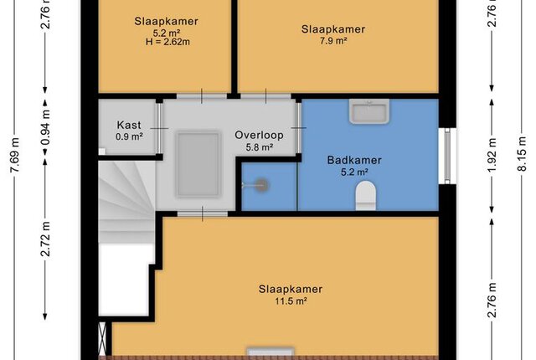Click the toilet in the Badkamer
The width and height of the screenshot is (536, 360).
tap(365, 195)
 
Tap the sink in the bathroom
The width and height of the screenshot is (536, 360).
tap(369, 111)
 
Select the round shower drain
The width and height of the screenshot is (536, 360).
tap(262, 186)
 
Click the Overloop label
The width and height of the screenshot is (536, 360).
tap(259, 136)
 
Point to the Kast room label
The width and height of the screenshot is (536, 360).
tap(129, 125)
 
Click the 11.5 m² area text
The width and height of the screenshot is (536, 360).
tap(291, 301)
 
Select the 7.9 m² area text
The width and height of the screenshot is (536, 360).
tap(333, 41)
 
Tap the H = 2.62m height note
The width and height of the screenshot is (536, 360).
tap(167, 42)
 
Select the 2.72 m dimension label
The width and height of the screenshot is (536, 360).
tap(45, 239)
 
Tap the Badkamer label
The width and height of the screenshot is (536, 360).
tap(354, 160)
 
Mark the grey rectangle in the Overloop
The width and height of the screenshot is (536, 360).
tap(198, 165)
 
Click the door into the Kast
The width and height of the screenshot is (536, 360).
tap(159, 128)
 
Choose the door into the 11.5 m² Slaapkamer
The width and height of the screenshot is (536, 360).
tap(203, 214)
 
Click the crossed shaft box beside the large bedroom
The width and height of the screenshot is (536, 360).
tap(102, 338)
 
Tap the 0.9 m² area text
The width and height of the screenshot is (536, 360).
tap(129, 137)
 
